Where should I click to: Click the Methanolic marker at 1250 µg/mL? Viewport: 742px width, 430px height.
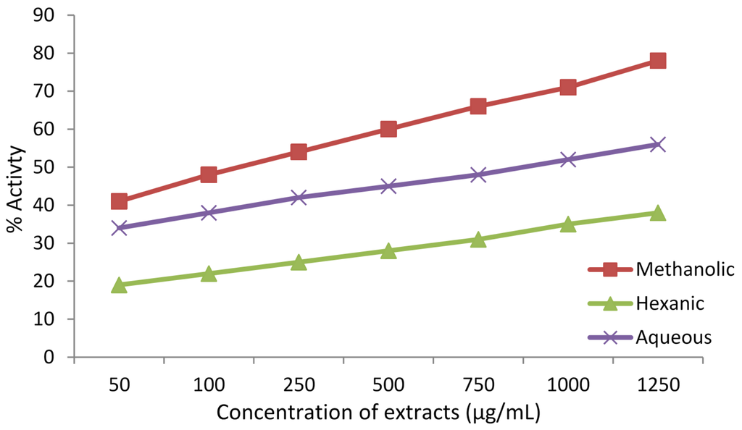point(657,61)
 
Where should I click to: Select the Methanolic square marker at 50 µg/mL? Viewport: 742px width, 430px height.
point(120,201)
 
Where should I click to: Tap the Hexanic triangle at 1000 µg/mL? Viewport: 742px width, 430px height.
point(567,224)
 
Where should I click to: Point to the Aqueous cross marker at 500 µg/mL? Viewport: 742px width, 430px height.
point(388,186)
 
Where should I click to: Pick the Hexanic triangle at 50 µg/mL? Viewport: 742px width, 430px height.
point(120,285)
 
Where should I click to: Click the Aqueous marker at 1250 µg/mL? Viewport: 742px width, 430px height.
point(657,145)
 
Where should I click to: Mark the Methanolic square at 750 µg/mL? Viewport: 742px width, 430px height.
point(478,106)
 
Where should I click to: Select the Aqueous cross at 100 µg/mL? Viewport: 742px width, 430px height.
point(209,213)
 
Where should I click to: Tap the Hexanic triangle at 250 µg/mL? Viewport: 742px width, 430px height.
point(299,262)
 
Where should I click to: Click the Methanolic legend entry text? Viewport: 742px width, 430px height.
point(685,270)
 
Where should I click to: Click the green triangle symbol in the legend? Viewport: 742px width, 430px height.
point(610,304)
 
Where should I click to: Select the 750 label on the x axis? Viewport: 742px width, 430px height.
point(478,385)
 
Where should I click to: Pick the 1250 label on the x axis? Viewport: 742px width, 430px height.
point(657,385)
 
